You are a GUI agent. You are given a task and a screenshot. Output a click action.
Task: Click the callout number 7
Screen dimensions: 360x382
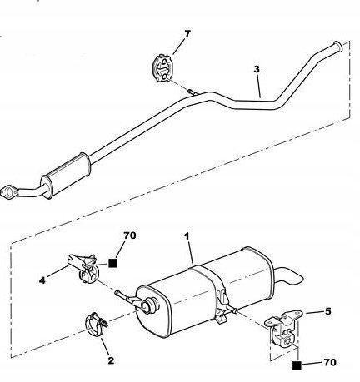click(x=187, y=34)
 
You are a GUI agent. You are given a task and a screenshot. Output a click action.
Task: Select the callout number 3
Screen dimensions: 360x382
click(x=257, y=69)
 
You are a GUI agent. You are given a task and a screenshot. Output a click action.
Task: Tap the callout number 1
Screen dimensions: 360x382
click(x=187, y=236)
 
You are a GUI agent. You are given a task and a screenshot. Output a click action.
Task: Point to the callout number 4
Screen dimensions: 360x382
click(x=42, y=280)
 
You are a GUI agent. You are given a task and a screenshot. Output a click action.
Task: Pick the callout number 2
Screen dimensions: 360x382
click(x=111, y=360)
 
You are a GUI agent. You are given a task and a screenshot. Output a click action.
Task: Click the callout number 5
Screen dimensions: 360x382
click(x=328, y=311)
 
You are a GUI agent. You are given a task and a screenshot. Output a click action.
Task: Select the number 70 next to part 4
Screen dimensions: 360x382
click(x=130, y=236)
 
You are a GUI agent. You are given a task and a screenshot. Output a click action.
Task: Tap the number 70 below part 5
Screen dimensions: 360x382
click(x=330, y=362)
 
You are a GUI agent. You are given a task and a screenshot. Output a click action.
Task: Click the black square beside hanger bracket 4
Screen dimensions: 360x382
click(x=112, y=263)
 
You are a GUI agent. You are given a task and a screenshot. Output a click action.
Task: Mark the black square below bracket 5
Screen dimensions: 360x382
click(x=297, y=365)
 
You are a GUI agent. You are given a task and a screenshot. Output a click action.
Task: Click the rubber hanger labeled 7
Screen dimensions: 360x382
click(x=162, y=68)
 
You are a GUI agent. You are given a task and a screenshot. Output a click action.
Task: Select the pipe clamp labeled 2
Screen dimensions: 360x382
click(x=95, y=324)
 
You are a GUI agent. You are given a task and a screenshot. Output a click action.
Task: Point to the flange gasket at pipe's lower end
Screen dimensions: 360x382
click(x=8, y=192)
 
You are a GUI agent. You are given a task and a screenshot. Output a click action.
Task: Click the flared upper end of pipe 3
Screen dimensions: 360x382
click(x=337, y=47)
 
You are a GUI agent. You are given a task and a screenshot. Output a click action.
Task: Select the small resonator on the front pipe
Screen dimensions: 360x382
click(x=66, y=176)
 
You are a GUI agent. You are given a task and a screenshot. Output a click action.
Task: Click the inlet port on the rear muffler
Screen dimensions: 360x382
click(x=149, y=305)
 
